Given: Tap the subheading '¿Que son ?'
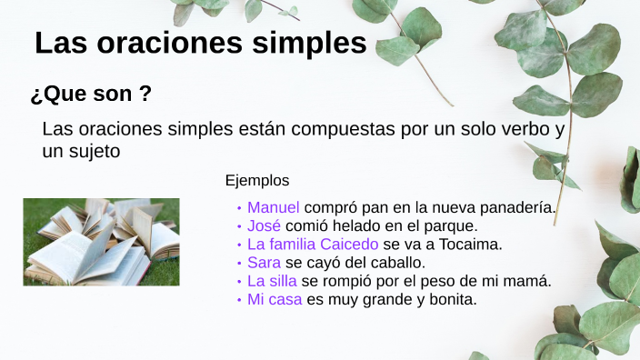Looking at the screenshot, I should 91,94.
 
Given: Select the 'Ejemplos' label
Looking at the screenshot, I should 257,180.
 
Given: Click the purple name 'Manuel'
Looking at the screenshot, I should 273,207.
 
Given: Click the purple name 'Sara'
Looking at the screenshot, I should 264,263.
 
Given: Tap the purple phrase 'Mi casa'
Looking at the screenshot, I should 275,299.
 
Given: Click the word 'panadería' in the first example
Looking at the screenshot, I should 518,207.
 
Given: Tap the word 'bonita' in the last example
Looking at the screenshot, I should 451,299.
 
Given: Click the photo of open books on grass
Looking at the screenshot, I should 101,242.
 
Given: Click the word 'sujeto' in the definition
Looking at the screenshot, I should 95,152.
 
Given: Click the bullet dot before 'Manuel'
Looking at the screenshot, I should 239,208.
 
